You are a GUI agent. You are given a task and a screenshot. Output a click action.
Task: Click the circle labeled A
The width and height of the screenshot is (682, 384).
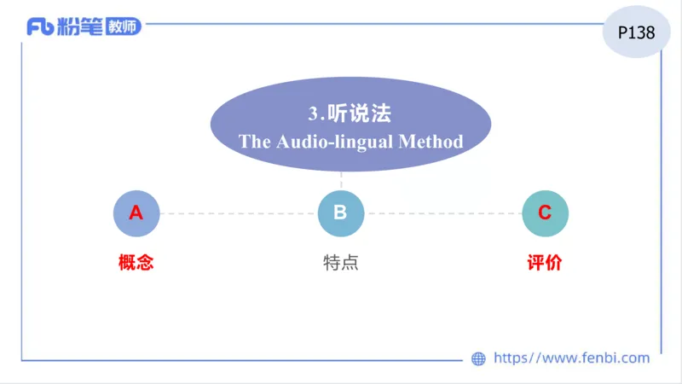coord(136,213)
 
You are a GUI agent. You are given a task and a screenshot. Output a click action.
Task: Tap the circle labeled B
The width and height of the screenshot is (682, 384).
coord(340,213)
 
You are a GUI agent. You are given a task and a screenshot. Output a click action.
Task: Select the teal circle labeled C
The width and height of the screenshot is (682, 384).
coord(545,213)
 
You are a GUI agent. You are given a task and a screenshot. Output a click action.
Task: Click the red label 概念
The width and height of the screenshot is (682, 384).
coord(136,263)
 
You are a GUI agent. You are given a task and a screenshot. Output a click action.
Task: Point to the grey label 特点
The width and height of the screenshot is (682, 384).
coord(340,263)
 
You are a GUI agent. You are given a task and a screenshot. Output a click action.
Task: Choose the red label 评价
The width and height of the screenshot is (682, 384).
coord(545,263)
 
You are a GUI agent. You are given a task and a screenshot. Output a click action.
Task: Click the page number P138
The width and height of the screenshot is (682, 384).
coord(636,33)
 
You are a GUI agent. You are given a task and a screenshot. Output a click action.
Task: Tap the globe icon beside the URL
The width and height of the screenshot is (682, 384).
coord(479,359)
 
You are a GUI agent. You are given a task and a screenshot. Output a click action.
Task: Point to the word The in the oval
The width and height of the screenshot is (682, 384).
coord(254,142)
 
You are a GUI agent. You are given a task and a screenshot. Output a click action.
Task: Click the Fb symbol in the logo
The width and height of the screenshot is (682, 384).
coord(40,27)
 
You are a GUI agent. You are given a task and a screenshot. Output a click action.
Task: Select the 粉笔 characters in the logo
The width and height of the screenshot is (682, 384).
coord(81,27)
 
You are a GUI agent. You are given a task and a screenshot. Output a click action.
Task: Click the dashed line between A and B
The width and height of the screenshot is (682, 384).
coord(239,213)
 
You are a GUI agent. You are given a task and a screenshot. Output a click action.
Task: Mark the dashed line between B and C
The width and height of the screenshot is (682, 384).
coord(443,213)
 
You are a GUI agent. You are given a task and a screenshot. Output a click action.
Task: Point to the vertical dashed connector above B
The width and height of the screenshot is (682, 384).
coord(341,181)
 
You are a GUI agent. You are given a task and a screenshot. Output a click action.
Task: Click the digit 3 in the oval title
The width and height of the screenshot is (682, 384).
coord(313,113)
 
